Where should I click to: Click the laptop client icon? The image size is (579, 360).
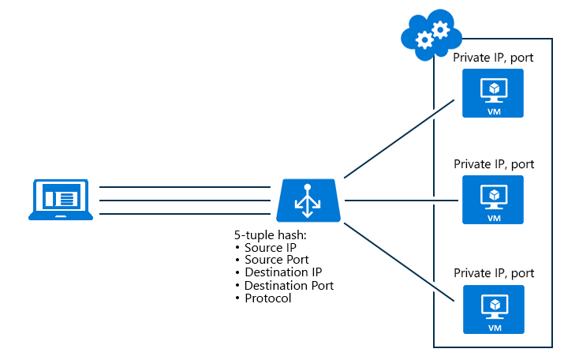61,200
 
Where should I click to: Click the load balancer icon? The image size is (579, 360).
308,201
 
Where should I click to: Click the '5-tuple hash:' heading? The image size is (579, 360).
269,235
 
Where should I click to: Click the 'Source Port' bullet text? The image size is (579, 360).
277,260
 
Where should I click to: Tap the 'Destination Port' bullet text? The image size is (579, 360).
289,285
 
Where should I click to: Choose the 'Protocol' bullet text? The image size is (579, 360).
267,298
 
